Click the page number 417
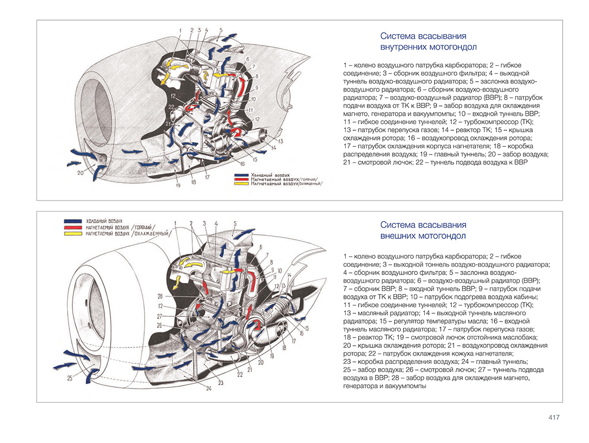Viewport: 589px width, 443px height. pyautogui.click(x=553, y=418)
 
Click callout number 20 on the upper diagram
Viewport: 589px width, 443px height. pyautogui.click(x=80, y=174)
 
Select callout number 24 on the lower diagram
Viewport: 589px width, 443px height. pyautogui.click(x=209, y=388)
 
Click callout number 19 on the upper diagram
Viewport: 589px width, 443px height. pyautogui.click(x=177, y=186)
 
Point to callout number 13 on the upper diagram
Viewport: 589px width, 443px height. pyautogui.click(x=281, y=141)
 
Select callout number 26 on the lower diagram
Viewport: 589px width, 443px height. pyautogui.click(x=160, y=325)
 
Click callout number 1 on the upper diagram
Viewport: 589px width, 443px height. pyautogui.click(x=180, y=30)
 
